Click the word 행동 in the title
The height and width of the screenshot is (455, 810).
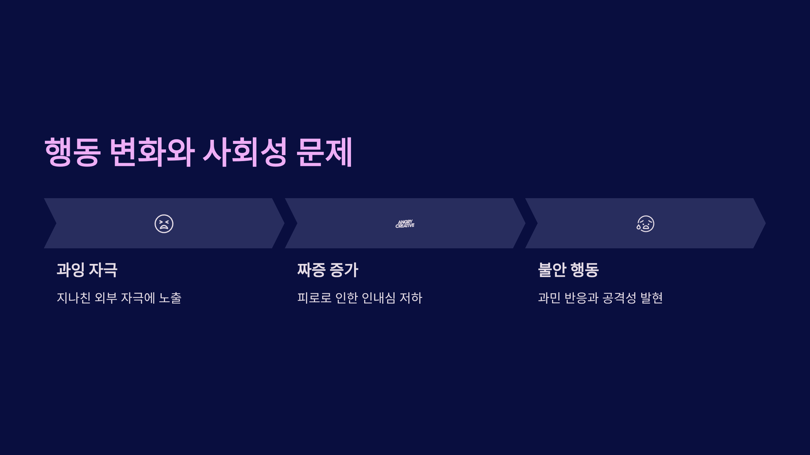(x=73, y=152)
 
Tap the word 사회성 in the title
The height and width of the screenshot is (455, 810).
(x=245, y=152)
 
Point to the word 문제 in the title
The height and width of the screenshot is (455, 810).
(x=324, y=152)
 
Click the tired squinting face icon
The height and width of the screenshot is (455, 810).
(x=164, y=224)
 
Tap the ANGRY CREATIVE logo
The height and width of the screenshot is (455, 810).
(x=405, y=224)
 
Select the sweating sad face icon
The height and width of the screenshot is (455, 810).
(x=645, y=224)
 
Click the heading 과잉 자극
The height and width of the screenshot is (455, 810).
(x=87, y=270)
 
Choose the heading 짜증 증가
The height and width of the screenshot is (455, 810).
(x=327, y=270)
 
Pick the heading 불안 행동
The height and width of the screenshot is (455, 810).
(x=568, y=270)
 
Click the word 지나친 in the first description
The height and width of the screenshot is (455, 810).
(x=74, y=298)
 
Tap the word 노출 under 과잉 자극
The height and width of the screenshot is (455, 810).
(x=170, y=298)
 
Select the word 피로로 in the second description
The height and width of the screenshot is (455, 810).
(x=314, y=298)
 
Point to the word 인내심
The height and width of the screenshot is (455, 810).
(x=378, y=298)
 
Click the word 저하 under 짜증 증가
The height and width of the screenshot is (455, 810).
(x=411, y=298)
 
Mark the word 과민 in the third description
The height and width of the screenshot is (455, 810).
(x=549, y=298)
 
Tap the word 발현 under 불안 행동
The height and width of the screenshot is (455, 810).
(x=651, y=298)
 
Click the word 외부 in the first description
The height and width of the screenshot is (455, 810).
(x=106, y=298)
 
